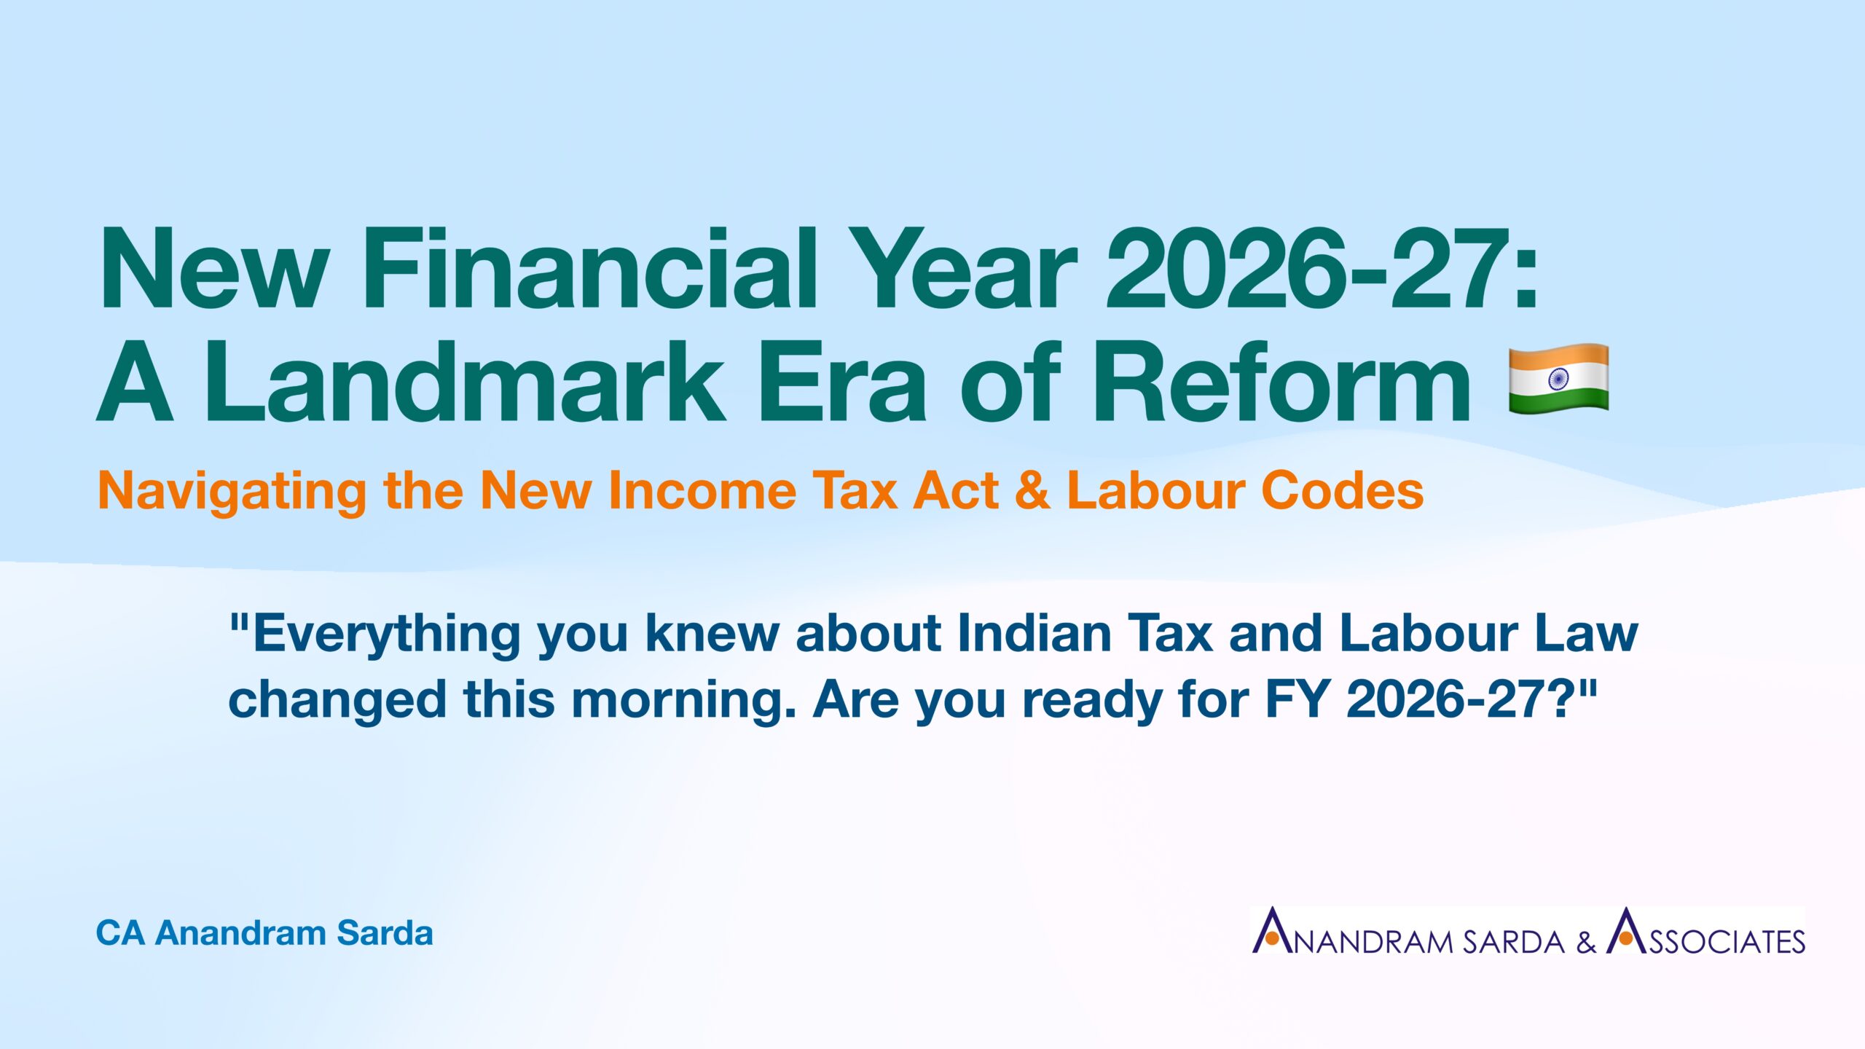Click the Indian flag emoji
click(x=1558, y=380)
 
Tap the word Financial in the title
click(x=589, y=269)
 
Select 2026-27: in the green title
click(x=1322, y=269)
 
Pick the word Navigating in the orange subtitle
click(x=232, y=492)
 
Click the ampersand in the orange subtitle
click(x=1032, y=490)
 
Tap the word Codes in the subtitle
click(x=1342, y=490)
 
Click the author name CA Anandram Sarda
click(x=264, y=933)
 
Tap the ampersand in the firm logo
click(x=1586, y=942)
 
